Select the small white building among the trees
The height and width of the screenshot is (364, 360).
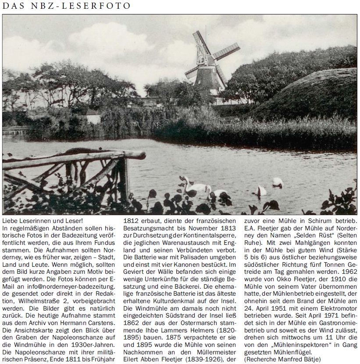click(x=93, y=117)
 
